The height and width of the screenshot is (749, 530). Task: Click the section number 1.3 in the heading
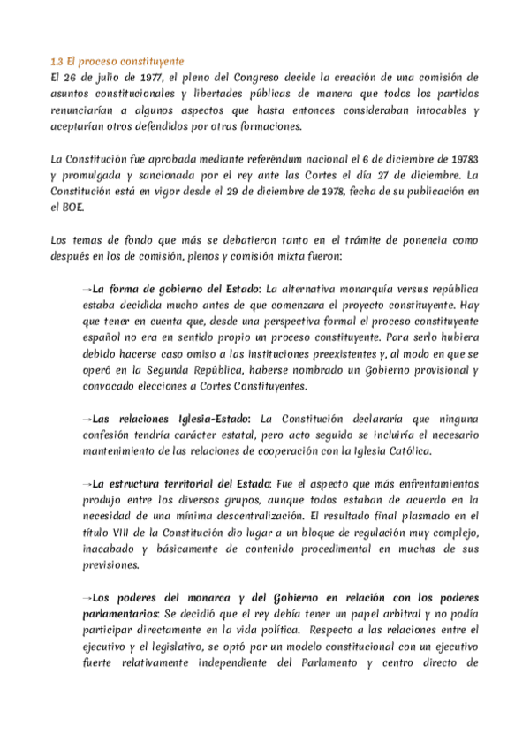57,62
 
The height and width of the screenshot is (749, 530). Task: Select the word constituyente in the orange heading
149,62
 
